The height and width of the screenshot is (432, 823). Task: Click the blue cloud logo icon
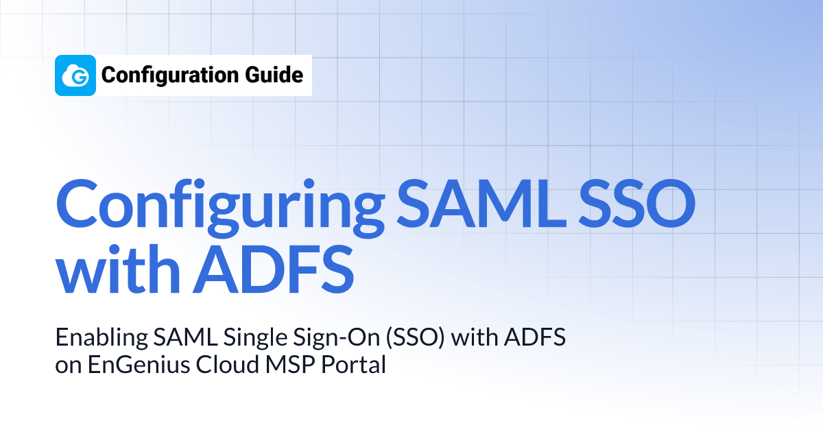pos(75,75)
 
